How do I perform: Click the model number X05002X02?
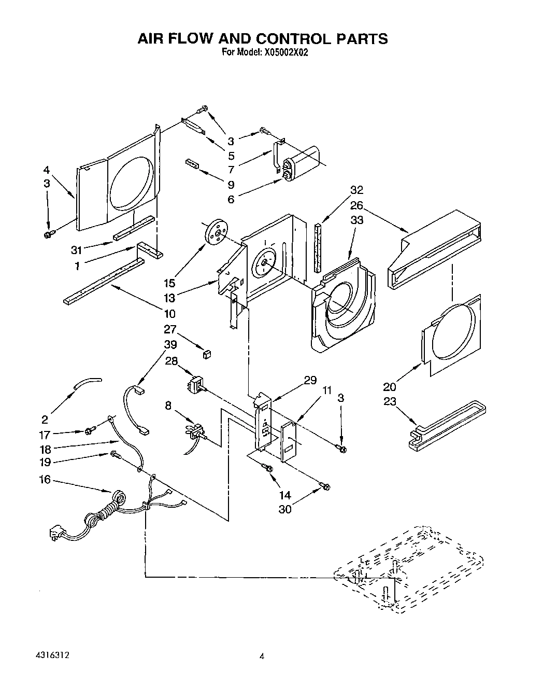coord(279,52)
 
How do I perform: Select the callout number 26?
coord(356,205)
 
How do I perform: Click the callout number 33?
coord(356,220)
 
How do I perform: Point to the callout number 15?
coord(169,283)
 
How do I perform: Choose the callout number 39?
coord(170,344)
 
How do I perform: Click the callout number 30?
coord(285,509)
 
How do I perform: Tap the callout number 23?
coord(390,401)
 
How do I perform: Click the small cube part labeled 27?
coord(208,354)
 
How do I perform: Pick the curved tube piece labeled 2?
coord(87,383)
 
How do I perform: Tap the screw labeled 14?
coord(268,468)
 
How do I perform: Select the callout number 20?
coord(390,386)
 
